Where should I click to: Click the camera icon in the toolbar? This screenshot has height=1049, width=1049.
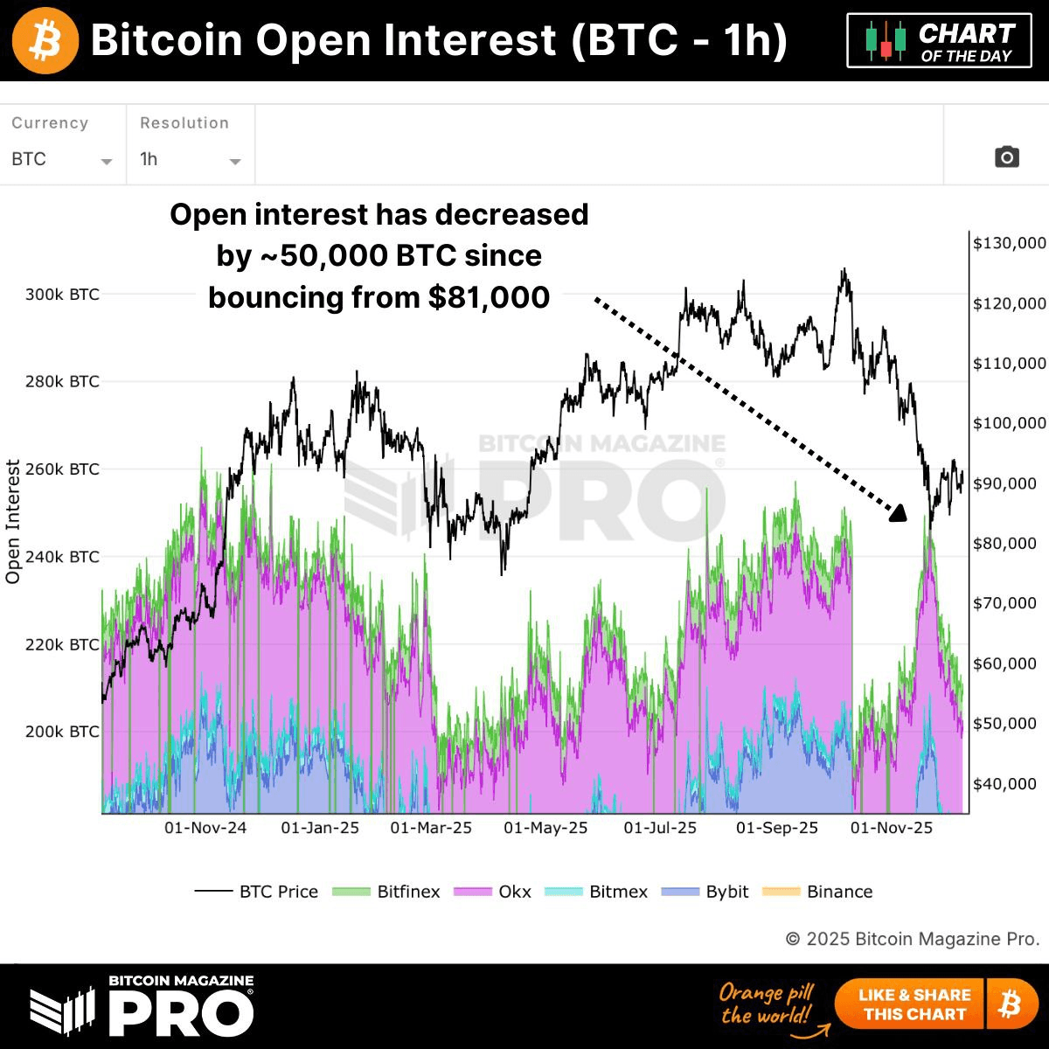click(1006, 157)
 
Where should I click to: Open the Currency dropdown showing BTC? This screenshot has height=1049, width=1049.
click(61, 160)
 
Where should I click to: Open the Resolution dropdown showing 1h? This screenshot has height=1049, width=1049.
click(190, 160)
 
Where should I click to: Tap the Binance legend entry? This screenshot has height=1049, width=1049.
click(817, 892)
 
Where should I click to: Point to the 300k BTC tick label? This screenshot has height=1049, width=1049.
click(62, 295)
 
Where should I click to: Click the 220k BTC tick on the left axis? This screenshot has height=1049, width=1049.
click(62, 644)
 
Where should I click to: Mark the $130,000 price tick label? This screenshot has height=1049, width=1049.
click(1009, 243)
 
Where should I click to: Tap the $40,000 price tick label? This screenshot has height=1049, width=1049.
click(1004, 784)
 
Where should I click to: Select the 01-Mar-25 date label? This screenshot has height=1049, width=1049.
click(431, 828)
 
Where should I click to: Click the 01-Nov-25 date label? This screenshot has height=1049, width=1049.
click(892, 828)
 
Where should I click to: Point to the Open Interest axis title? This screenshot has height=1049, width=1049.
click(13, 521)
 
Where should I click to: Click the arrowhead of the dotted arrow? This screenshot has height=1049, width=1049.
click(899, 513)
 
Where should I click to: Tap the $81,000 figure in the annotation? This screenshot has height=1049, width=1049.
click(489, 297)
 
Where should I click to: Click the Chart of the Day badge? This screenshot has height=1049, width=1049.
click(939, 41)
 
